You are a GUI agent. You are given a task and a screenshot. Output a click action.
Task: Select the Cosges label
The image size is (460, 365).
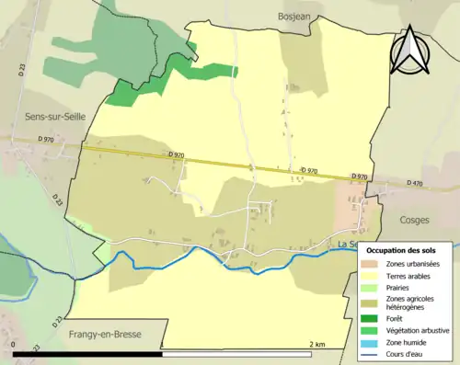tap(415, 221)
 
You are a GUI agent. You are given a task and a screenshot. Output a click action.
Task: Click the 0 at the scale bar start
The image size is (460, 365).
tap(15, 344)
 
